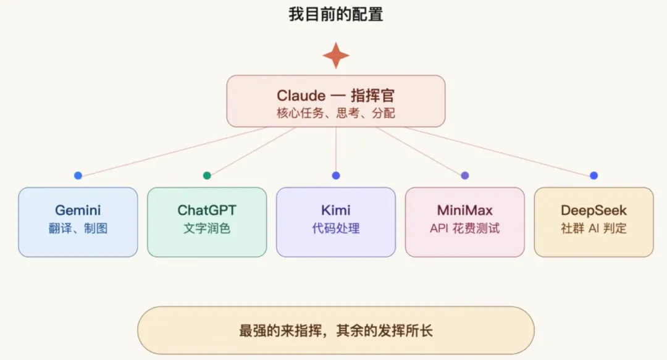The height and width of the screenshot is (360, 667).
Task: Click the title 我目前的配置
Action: point(335,14)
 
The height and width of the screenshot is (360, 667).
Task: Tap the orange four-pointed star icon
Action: point(336,56)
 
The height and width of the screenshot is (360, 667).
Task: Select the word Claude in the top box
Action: point(301,96)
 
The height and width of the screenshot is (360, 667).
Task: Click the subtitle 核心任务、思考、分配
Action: point(336,113)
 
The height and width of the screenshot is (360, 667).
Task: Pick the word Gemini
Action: point(78,211)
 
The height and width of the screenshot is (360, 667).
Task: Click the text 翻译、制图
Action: point(78,228)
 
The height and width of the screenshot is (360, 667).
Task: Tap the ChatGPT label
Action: point(207,211)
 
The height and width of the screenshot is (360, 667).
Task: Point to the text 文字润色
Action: point(207,228)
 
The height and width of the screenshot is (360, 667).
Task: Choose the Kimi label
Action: point(336,211)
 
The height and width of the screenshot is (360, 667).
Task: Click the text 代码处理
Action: point(336,228)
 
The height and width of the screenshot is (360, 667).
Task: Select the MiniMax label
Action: point(464,211)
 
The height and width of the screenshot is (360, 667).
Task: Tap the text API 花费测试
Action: point(464,228)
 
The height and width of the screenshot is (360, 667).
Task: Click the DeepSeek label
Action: point(594,211)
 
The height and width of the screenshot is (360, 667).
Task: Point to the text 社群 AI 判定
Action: point(594,228)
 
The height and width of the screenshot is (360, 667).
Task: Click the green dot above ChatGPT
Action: point(207,175)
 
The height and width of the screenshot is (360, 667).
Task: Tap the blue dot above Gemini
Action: point(78,175)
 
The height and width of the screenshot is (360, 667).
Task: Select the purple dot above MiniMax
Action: point(465,175)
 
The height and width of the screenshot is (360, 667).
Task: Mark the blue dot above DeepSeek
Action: point(594,175)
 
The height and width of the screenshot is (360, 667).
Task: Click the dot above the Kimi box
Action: point(336,175)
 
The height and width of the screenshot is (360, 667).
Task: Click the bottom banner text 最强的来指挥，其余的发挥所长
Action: point(336,330)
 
